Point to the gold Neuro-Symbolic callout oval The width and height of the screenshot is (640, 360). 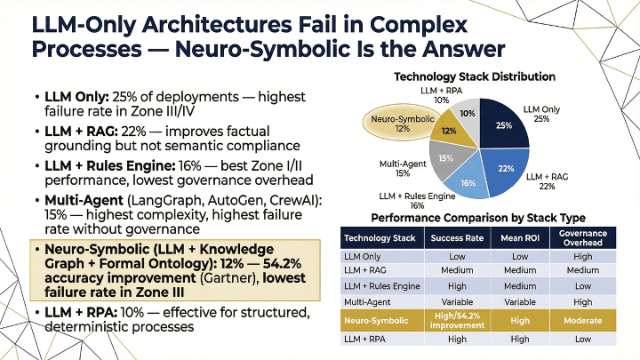391,124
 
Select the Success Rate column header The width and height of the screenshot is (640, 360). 457,238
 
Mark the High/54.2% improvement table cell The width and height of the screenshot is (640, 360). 457,321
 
